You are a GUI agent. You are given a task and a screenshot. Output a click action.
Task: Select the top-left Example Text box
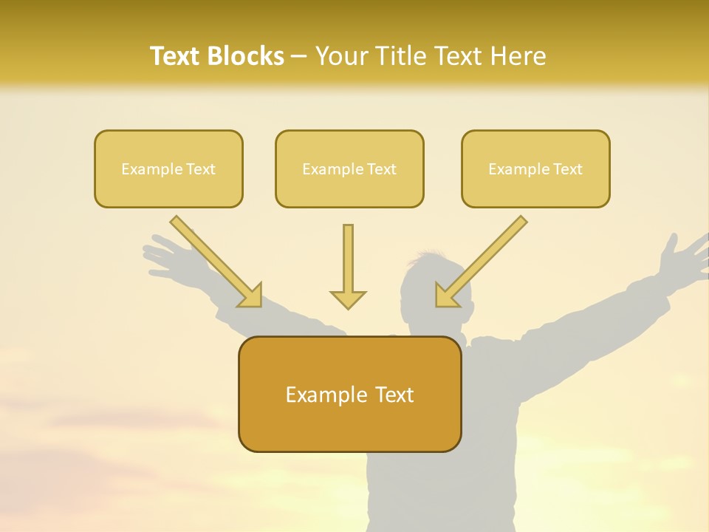pyautogui.click(x=168, y=168)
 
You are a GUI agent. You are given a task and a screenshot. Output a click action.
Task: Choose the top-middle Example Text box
pyautogui.click(x=349, y=168)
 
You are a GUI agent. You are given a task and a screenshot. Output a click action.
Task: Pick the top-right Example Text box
pyautogui.click(x=535, y=168)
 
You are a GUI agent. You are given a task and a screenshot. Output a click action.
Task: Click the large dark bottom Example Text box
pyautogui.click(x=349, y=395)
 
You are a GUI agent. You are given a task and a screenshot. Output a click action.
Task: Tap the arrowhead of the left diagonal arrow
pyautogui.click(x=251, y=296)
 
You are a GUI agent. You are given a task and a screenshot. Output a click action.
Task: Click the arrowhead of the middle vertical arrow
pyautogui.click(x=348, y=299)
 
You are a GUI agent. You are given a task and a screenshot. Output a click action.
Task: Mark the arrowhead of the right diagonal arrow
pyautogui.click(x=445, y=295)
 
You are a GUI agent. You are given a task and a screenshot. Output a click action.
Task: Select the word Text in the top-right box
pyautogui.click(x=567, y=168)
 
